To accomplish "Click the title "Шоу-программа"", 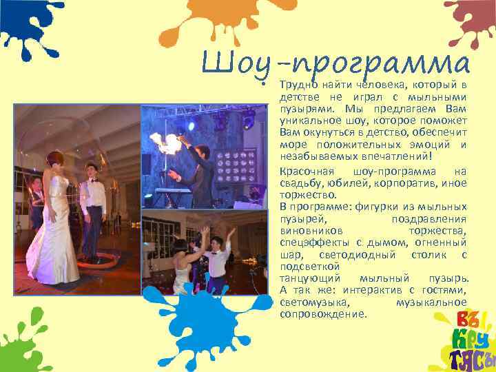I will click(x=335, y=65).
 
